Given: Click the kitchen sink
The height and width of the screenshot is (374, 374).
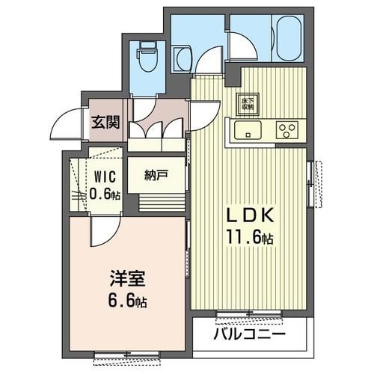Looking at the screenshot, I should click(x=248, y=132).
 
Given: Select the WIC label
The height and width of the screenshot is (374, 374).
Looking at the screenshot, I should click(x=103, y=178).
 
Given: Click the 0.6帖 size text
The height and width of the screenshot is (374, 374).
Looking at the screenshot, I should click(x=103, y=194).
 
